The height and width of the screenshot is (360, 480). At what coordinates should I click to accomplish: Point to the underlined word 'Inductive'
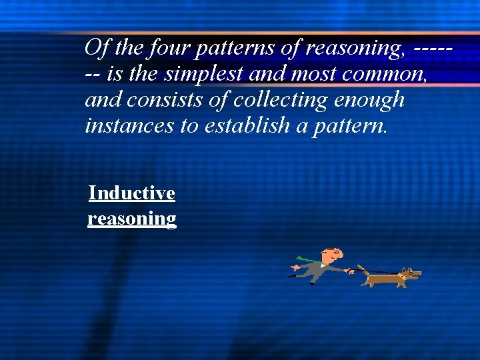[132, 193]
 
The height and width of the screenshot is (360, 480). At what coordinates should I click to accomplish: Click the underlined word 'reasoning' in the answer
[132, 219]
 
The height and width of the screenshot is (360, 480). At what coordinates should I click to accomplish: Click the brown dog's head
[411, 273]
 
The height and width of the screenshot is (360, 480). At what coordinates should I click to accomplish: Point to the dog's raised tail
[361, 267]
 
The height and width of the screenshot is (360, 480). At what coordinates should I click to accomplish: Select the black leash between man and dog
[380, 271]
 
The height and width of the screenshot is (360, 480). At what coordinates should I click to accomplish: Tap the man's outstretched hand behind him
[294, 267]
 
